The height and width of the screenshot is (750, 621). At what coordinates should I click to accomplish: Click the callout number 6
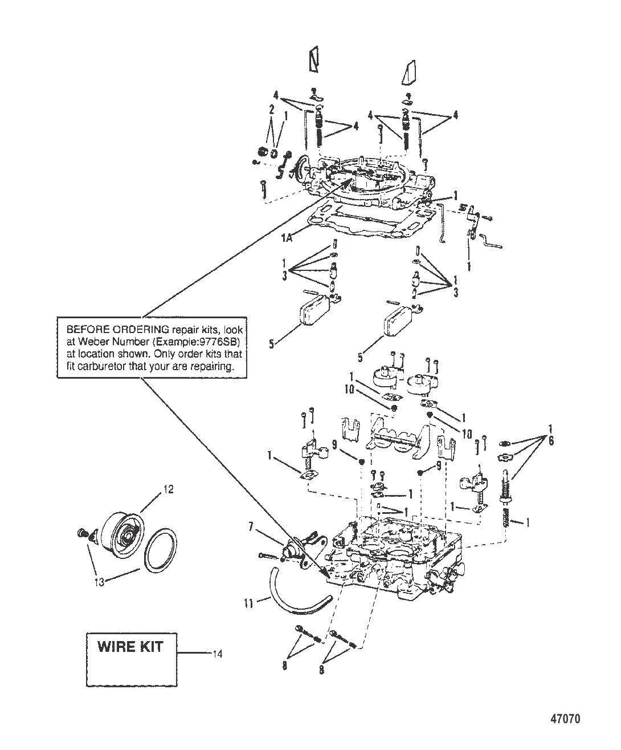[x=550, y=441]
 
